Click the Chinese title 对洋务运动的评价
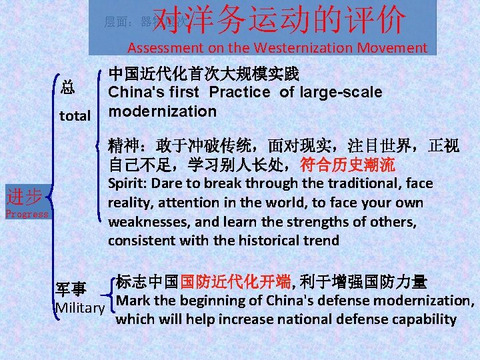coord(279,20)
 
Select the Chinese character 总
coord(67,87)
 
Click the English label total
coord(75,116)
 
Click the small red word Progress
coord(27,214)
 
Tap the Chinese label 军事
coord(71,289)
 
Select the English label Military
coord(81,308)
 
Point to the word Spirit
coord(126,183)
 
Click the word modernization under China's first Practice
coord(163,111)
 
